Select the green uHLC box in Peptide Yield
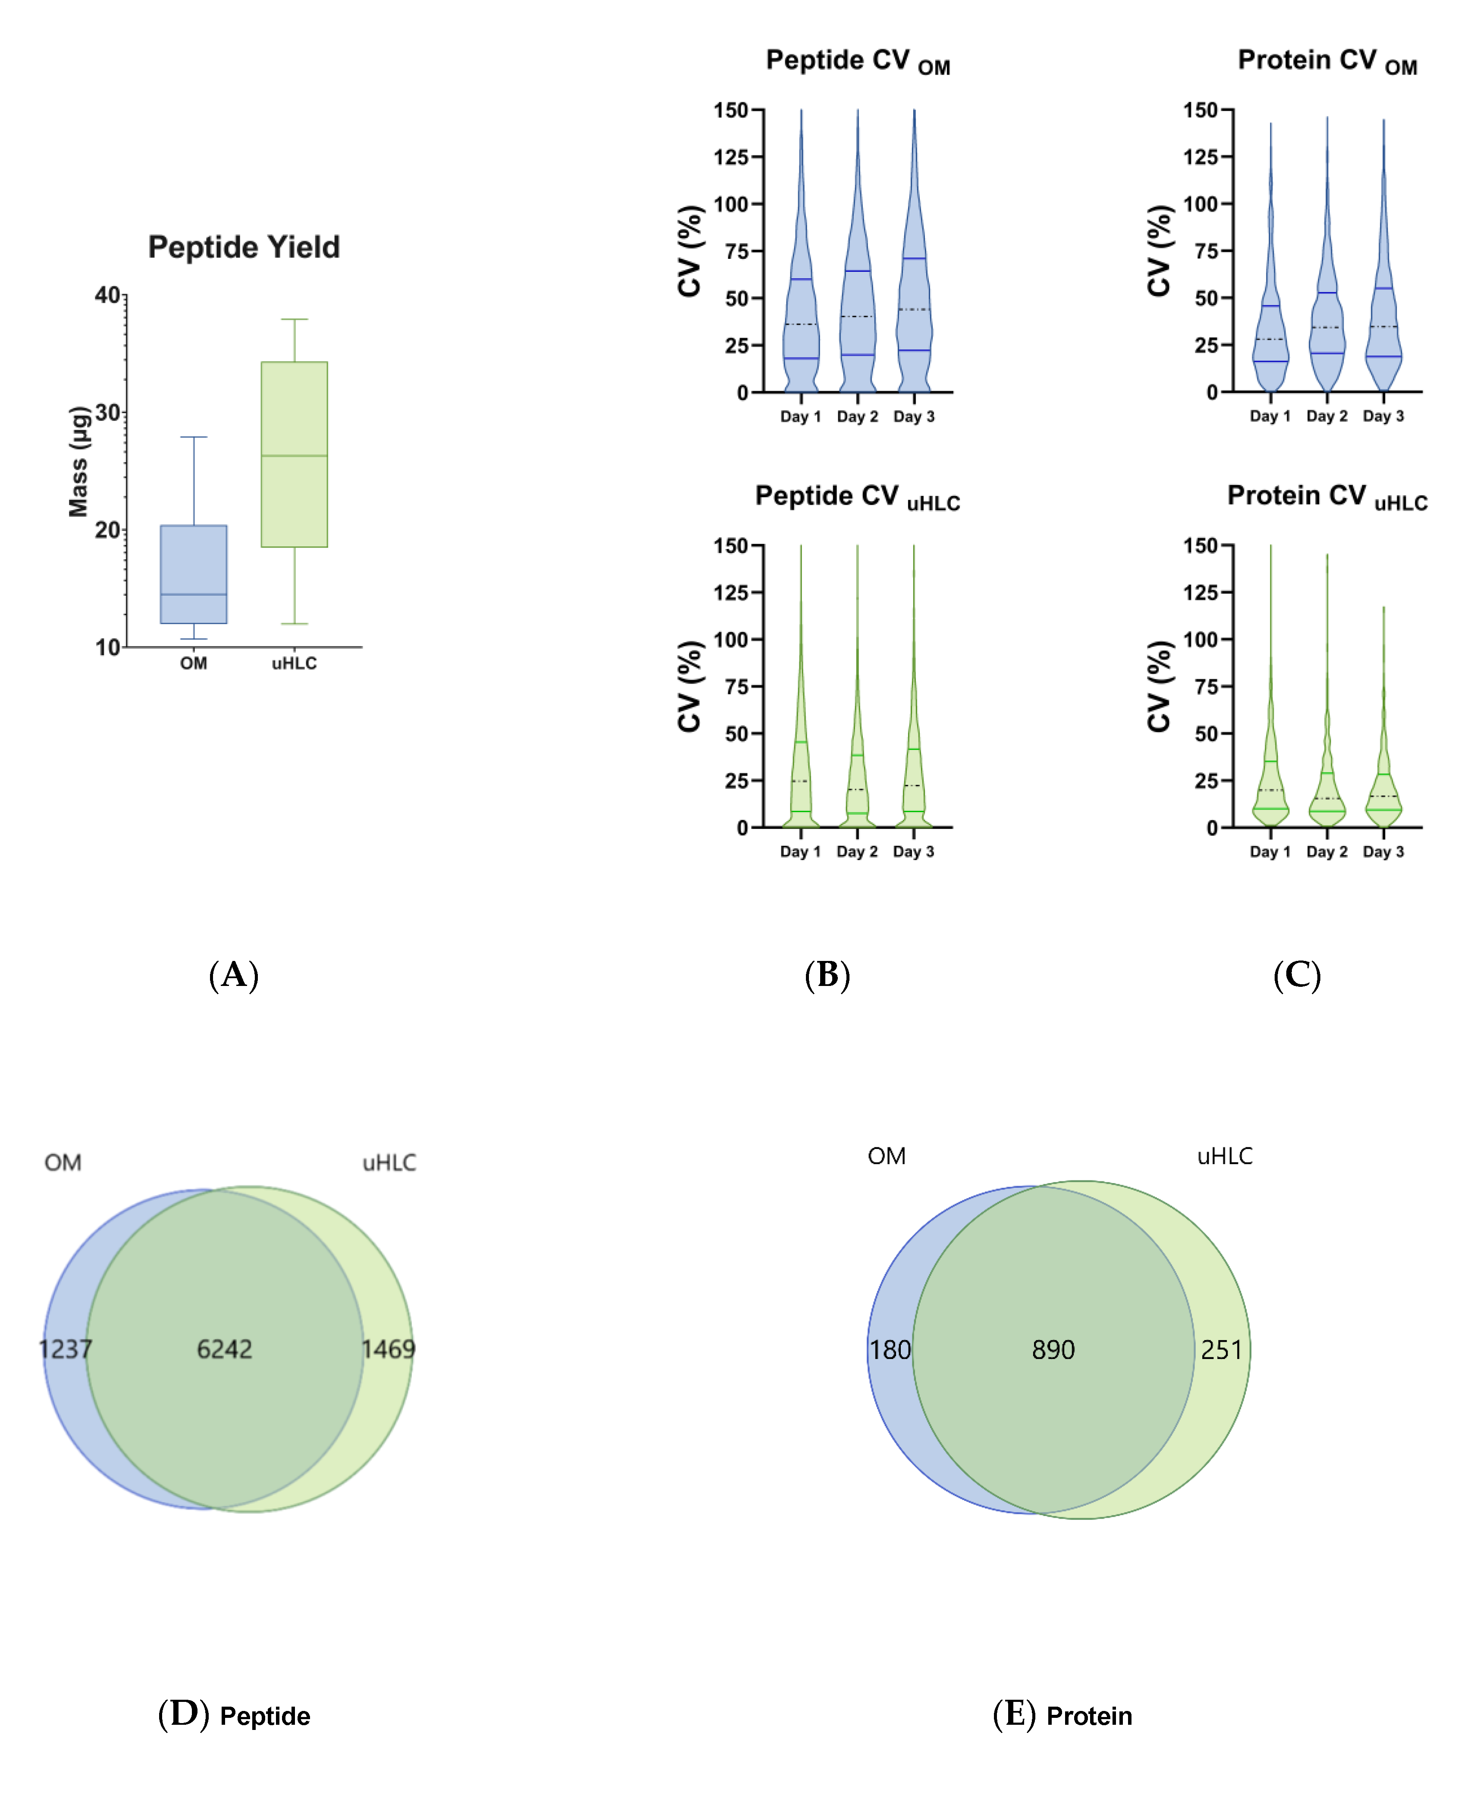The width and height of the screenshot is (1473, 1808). tap(295, 454)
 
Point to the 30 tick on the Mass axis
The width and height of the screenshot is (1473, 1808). tap(108, 413)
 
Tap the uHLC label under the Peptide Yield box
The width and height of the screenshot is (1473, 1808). tap(295, 663)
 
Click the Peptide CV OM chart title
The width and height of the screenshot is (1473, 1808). tap(857, 61)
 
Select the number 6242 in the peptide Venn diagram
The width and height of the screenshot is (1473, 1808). tap(225, 1349)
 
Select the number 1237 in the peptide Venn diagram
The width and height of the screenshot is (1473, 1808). tap(66, 1349)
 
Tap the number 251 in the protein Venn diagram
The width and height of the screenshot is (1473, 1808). tap(1221, 1350)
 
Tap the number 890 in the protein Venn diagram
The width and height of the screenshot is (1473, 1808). tap(1053, 1350)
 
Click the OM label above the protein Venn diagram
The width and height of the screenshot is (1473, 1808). tap(887, 1156)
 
